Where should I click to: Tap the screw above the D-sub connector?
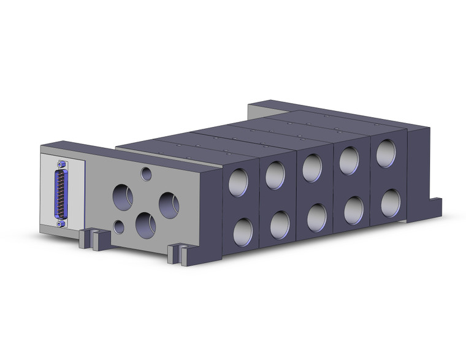click(60, 164)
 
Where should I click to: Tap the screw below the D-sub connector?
click(61, 223)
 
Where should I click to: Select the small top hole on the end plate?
click(146, 174)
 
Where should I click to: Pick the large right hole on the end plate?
click(168, 204)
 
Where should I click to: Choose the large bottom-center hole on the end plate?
click(145, 225)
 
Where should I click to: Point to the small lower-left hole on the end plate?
click(119, 228)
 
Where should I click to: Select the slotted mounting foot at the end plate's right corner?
click(178, 251)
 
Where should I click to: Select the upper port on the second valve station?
click(275, 175)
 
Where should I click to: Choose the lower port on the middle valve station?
click(316, 218)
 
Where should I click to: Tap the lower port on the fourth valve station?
click(353, 210)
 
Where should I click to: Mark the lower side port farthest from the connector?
click(390, 202)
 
